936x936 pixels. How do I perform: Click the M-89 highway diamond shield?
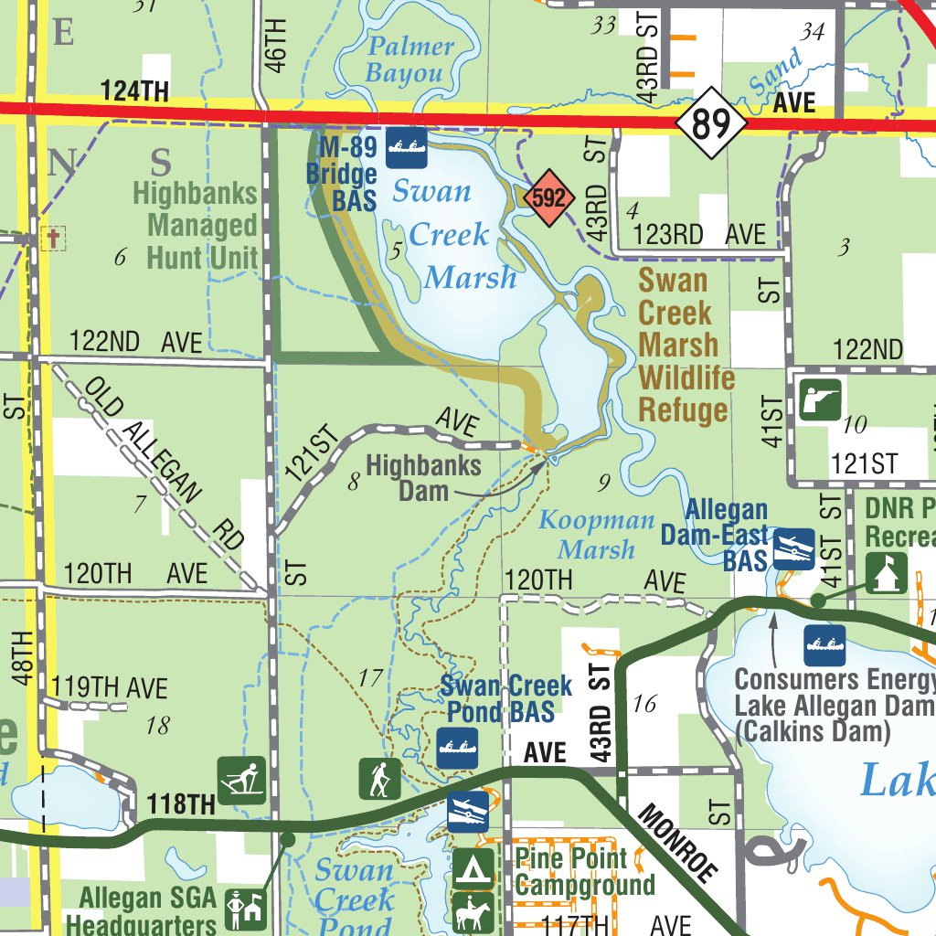pyautogui.click(x=712, y=122)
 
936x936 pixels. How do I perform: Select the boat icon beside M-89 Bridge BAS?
pyautogui.click(x=407, y=146)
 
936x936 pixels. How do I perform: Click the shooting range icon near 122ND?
pyautogui.click(x=819, y=399)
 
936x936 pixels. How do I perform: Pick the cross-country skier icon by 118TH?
pyautogui.click(x=241, y=780)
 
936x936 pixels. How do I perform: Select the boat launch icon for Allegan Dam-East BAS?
pyautogui.click(x=793, y=549)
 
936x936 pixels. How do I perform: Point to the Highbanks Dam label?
pyautogui.click(x=422, y=478)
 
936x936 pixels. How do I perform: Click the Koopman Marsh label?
pyautogui.click(x=596, y=536)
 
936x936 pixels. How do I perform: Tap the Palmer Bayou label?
pyautogui.click(x=409, y=60)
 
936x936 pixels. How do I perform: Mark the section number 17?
pyautogui.click(x=370, y=678)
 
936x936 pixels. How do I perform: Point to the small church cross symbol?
pyautogui.click(x=53, y=239)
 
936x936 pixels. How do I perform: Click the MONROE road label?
pyautogui.click(x=675, y=843)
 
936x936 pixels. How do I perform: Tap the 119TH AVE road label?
pyautogui.click(x=110, y=687)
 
